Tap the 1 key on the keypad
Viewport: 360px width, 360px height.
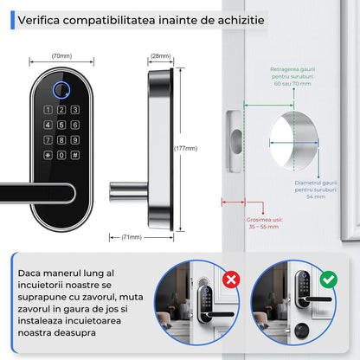pyautogui.click(x=48, y=110)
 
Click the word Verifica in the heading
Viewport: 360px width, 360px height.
pyautogui.click(x=41, y=17)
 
